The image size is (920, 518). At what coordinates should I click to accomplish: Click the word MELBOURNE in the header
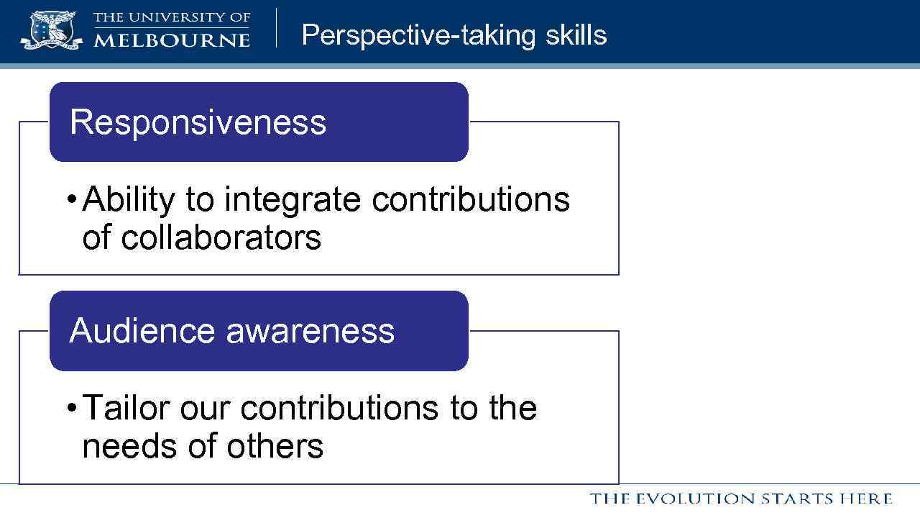tap(172, 40)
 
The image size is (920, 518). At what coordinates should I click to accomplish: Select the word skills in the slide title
tap(576, 35)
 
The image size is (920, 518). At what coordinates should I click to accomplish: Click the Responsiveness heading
tap(198, 122)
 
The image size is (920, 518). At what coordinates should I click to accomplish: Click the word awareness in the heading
tap(310, 331)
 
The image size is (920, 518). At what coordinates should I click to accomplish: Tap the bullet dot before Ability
tap(71, 199)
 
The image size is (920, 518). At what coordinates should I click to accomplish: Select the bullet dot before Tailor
tap(71, 408)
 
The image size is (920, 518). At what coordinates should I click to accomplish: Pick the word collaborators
tap(221, 237)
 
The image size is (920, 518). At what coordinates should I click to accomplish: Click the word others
tap(275, 446)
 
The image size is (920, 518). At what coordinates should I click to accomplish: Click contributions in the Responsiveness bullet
tap(471, 199)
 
